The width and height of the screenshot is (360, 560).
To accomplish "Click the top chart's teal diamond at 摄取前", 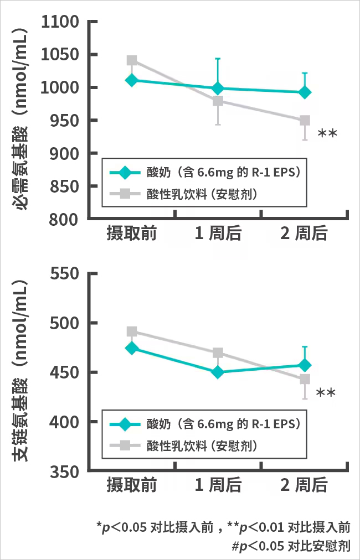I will coord(132,80).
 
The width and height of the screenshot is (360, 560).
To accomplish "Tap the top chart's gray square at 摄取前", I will coord(132,60).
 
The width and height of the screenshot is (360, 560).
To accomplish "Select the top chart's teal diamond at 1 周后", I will coord(218,89).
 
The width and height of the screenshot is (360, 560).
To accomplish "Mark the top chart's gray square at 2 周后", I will coord(305,121).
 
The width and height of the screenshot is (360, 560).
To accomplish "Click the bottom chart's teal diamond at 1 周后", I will coord(218,372).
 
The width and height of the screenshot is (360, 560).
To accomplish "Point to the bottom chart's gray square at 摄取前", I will coord(132,331).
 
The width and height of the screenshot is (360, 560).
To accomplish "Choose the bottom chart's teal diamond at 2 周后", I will coord(305,365).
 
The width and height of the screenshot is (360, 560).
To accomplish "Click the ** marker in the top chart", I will coord(327,134).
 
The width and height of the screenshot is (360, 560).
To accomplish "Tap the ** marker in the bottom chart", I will coord(326,393).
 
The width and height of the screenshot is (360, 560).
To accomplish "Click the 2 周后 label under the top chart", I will coord(304,234).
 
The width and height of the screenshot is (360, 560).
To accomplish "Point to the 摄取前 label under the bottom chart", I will coord(132,486).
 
